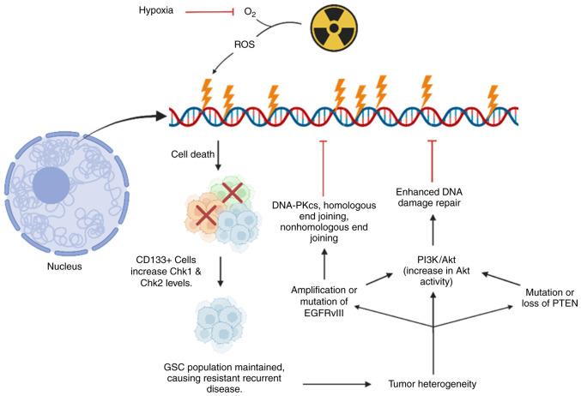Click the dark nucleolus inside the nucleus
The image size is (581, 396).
[52, 183]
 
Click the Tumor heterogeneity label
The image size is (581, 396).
[433, 383]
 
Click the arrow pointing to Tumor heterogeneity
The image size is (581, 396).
[339, 383]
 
